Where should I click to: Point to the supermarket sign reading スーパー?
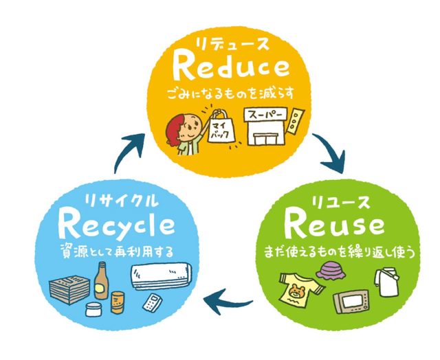pos(266,115)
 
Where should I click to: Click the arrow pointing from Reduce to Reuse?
pos(331,152)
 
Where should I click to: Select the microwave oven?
pos(351,302)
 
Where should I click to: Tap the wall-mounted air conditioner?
pos(162,275)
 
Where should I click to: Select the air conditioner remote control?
pos(153,302)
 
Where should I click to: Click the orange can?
pos(118,302)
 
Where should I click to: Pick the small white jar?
pos(93,310)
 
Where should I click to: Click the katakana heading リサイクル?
pos(121,201)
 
